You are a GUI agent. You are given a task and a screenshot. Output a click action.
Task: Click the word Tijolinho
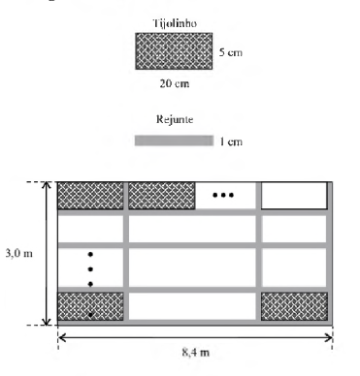click(175, 23)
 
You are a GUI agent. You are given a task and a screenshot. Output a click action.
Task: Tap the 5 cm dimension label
click(231, 52)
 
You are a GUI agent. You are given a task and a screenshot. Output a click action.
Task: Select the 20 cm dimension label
click(175, 83)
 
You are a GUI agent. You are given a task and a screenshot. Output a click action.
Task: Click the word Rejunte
click(175, 119)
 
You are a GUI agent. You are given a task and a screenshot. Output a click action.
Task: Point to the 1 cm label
click(231, 141)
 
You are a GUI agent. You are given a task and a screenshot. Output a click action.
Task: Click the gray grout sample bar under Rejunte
click(174, 141)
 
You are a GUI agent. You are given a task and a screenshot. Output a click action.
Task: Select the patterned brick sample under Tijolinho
click(174, 51)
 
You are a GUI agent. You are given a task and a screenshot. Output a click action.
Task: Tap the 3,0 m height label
click(19, 253)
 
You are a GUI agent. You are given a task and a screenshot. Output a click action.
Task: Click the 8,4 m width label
click(196, 352)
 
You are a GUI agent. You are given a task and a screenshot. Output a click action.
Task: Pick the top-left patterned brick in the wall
click(90, 196)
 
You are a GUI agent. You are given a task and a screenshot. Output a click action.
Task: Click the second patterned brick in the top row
click(162, 196)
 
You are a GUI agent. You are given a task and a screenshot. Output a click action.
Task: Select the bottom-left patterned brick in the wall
click(90, 306)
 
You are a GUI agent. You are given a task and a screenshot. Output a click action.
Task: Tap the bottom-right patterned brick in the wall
click(294, 306)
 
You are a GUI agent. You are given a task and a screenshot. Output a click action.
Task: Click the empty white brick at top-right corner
click(294, 196)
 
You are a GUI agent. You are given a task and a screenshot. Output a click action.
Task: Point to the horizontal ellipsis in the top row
click(223, 195)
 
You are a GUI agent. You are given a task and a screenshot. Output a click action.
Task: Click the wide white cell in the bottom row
click(192, 306)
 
